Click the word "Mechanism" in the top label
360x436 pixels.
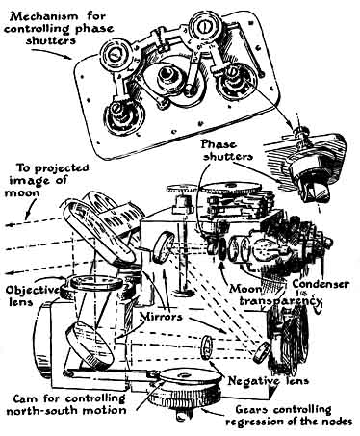(41, 16)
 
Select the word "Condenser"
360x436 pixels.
(321, 284)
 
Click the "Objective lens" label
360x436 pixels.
(31, 295)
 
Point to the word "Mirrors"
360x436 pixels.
(161, 317)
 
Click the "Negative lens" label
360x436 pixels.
(269, 381)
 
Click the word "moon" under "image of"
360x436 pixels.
(22, 192)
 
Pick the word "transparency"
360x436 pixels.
(280, 301)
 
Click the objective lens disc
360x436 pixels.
(96, 282)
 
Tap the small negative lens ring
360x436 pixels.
(208, 347)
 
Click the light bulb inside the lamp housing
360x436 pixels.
(266, 250)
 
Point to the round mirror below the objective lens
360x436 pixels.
(90, 346)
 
